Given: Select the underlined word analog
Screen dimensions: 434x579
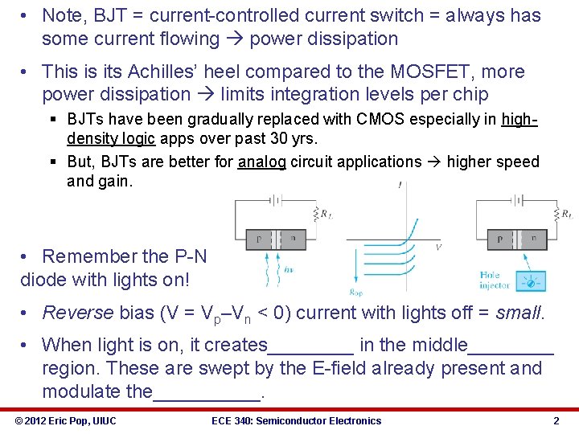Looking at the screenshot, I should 262,162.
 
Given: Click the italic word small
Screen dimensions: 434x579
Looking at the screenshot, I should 519,313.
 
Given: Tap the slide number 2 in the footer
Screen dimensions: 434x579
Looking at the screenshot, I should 556,420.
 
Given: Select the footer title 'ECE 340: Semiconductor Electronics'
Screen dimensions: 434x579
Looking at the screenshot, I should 296,420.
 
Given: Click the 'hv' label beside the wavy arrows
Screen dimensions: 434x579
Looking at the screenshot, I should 289,268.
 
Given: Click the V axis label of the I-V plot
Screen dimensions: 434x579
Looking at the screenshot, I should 438,247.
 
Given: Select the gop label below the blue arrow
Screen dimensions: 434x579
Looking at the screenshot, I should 355,292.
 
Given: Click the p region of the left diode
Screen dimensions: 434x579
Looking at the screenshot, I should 258,239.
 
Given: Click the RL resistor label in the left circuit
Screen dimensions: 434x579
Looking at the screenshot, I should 325,214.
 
